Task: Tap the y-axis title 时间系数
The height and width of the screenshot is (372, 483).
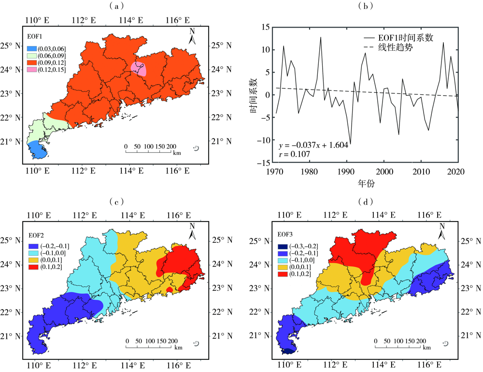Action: (253, 95)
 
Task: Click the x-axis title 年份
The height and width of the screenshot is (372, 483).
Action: (366, 184)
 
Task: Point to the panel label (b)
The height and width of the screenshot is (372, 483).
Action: (366, 6)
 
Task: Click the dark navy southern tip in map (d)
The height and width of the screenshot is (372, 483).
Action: (288, 352)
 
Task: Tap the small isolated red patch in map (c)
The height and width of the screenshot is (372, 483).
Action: (169, 289)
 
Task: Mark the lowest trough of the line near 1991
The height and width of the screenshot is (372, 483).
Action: (350, 144)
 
